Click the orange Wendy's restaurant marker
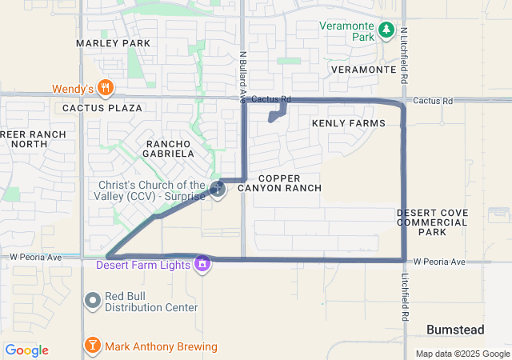pyautogui.click(x=105, y=87)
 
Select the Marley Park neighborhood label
pyautogui.click(x=113, y=42)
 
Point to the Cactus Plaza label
pyautogui.click(x=103, y=107)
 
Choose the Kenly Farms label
pyautogui.click(x=348, y=123)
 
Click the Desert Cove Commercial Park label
pyautogui.click(x=432, y=222)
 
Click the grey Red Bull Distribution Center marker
pyautogui.click(x=93, y=300)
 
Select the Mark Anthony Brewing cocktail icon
pyautogui.click(x=93, y=346)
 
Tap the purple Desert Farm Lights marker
pyautogui.click(x=204, y=263)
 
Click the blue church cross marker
pyautogui.click(x=218, y=189)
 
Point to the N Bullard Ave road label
pyautogui.click(x=242, y=78)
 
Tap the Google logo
pyautogui.click(x=26, y=350)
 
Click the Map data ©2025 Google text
pyautogui.click(x=462, y=354)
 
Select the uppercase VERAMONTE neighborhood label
pyautogui.click(x=363, y=70)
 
